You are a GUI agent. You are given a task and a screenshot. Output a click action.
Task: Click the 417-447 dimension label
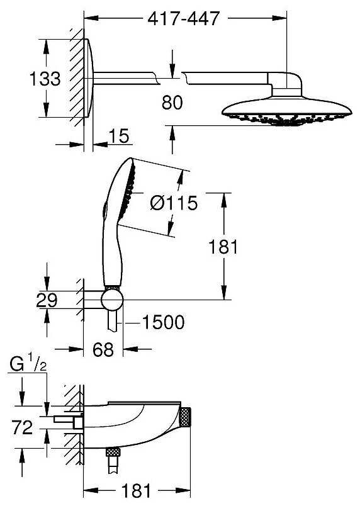tap(184, 18)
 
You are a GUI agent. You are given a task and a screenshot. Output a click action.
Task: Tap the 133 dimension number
tap(45, 79)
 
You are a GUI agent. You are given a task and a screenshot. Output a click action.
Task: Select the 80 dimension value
tap(172, 103)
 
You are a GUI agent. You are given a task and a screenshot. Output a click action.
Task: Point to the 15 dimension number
tap(119, 136)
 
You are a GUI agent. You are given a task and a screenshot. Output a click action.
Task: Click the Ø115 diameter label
tap(174, 203)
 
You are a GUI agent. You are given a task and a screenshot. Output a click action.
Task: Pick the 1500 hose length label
tap(163, 322)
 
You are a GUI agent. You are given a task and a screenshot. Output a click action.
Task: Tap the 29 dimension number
tap(47, 300)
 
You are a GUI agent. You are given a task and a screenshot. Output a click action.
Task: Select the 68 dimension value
tap(103, 349)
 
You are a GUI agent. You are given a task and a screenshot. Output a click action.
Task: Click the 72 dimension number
tap(22, 427)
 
